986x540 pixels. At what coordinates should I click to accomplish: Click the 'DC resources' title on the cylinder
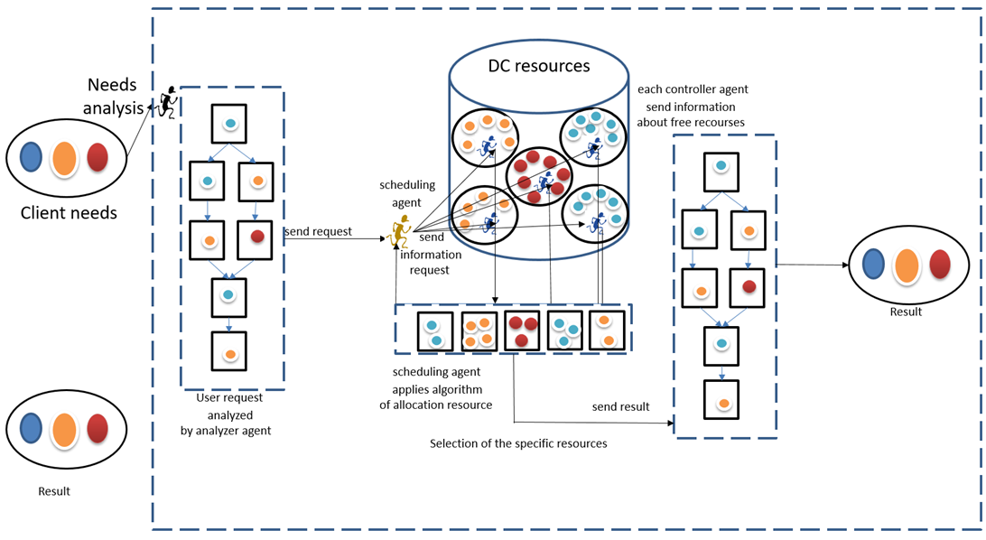click(539, 66)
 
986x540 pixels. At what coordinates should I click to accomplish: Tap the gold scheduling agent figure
click(400, 230)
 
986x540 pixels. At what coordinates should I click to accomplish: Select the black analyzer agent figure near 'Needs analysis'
click(167, 102)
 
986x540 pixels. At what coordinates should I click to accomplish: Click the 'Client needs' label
click(69, 213)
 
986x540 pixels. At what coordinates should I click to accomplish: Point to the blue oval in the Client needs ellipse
click(31, 157)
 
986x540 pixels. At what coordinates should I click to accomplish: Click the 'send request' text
click(318, 231)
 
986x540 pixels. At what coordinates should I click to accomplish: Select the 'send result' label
click(620, 406)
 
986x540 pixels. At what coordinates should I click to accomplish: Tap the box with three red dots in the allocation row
click(522, 331)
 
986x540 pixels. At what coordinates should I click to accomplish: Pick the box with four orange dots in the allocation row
click(479, 331)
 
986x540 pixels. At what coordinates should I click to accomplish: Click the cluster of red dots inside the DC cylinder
click(540, 177)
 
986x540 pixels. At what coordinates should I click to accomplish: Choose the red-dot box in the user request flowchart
click(255, 239)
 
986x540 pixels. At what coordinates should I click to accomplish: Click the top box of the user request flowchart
click(229, 124)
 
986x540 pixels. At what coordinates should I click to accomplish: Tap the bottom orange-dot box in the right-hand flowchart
click(721, 400)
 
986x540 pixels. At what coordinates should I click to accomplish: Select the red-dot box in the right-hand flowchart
click(747, 288)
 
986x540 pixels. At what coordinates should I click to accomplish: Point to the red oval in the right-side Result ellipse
click(939, 264)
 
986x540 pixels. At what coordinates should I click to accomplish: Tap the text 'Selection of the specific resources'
click(519, 443)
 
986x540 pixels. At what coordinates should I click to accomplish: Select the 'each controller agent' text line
click(693, 89)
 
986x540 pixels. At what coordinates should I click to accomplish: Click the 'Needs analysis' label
click(113, 97)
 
